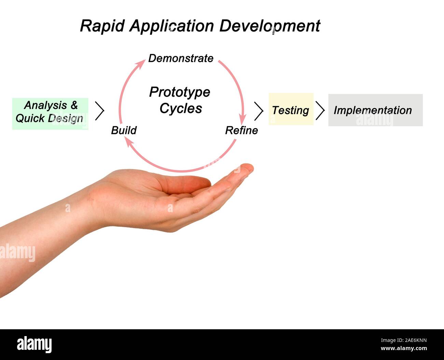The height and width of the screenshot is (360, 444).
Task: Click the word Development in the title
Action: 270,26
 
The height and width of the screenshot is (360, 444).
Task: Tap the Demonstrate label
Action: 181,58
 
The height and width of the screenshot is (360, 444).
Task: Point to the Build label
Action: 124,130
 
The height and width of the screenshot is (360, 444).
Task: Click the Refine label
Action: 241,130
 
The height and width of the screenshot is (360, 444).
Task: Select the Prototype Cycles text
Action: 180,100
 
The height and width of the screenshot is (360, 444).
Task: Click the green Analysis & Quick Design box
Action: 50,113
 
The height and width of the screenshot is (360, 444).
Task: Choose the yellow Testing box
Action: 291,109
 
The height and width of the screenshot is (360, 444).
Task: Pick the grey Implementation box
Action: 375,110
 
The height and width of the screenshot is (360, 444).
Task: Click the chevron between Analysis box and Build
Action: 99,111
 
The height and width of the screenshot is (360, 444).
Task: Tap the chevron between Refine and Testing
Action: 259,111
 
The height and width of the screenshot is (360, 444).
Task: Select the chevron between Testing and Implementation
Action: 320,110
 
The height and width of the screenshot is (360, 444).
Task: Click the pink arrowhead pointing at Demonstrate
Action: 141,63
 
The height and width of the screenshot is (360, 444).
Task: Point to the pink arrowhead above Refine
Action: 242,120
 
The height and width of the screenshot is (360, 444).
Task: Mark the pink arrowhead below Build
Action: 126,142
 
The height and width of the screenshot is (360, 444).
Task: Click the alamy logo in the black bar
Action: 34,344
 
